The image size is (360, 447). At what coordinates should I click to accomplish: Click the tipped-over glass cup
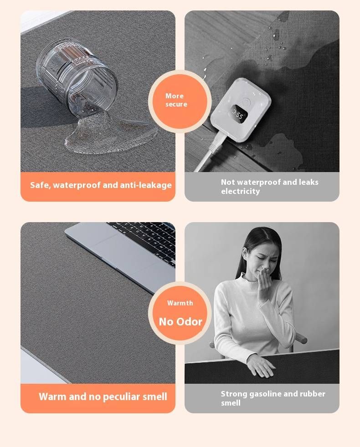[77, 78]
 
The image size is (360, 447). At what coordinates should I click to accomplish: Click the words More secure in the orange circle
[176, 100]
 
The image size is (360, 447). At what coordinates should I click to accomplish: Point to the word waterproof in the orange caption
[77, 185]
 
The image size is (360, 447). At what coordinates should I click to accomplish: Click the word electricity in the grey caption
[241, 191]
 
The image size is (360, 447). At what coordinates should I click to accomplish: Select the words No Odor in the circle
[180, 322]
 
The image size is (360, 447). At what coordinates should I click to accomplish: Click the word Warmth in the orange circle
[180, 303]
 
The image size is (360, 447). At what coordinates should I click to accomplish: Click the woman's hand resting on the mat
[261, 366]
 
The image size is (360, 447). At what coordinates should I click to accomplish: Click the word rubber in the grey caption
[313, 394]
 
